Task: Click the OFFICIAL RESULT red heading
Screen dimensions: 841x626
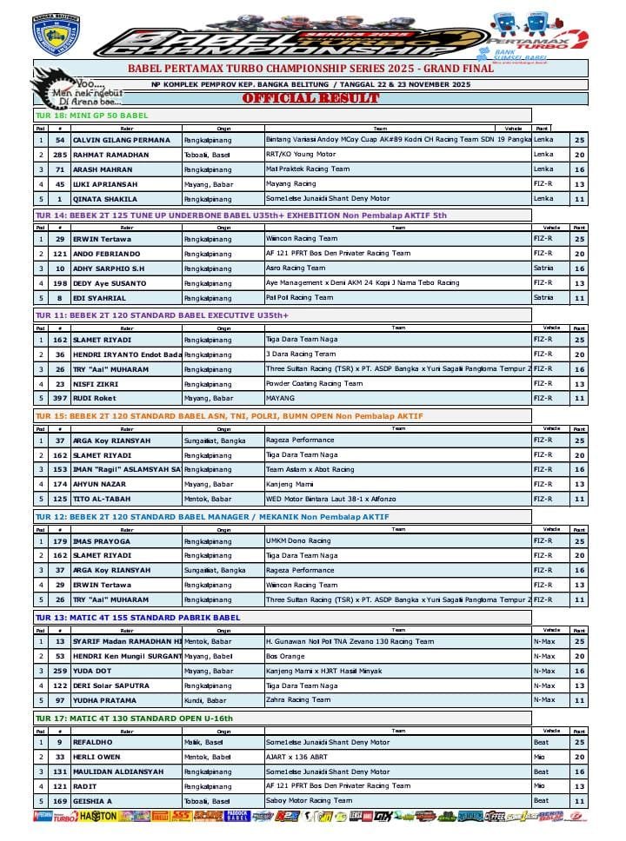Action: click(310, 98)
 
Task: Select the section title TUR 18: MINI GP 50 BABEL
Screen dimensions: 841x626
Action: click(91, 115)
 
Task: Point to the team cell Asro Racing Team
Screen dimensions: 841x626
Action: click(295, 268)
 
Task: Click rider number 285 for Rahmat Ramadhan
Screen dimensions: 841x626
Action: click(60, 154)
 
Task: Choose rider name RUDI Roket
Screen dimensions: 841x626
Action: click(94, 398)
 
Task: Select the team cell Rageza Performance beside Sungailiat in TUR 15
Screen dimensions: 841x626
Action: click(299, 440)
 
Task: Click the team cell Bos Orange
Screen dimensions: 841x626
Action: click(284, 656)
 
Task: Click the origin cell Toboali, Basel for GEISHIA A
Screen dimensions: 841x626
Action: click(207, 801)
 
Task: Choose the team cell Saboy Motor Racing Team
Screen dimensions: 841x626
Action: click(309, 801)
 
